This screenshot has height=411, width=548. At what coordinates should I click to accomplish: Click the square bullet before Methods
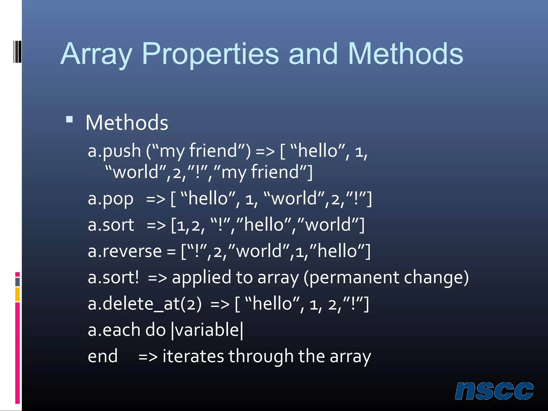pyautogui.click(x=69, y=119)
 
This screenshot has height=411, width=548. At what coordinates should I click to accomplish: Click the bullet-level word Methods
pyautogui.click(x=127, y=123)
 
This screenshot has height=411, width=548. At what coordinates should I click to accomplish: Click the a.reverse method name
pyautogui.click(x=125, y=252)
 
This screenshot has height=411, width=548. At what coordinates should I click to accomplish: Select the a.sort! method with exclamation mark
pyautogui.click(x=113, y=277)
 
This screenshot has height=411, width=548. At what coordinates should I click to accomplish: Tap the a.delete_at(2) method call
pyautogui.click(x=144, y=304)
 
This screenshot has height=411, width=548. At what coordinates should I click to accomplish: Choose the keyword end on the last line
pyautogui.click(x=103, y=356)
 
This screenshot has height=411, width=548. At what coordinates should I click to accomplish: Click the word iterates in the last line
pyautogui.click(x=193, y=356)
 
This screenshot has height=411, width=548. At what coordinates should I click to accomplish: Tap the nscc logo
pyautogui.click(x=494, y=391)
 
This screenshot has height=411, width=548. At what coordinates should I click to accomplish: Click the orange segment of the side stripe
pyautogui.click(x=17, y=294)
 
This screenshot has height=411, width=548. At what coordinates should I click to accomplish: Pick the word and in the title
pyautogui.click(x=313, y=54)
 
